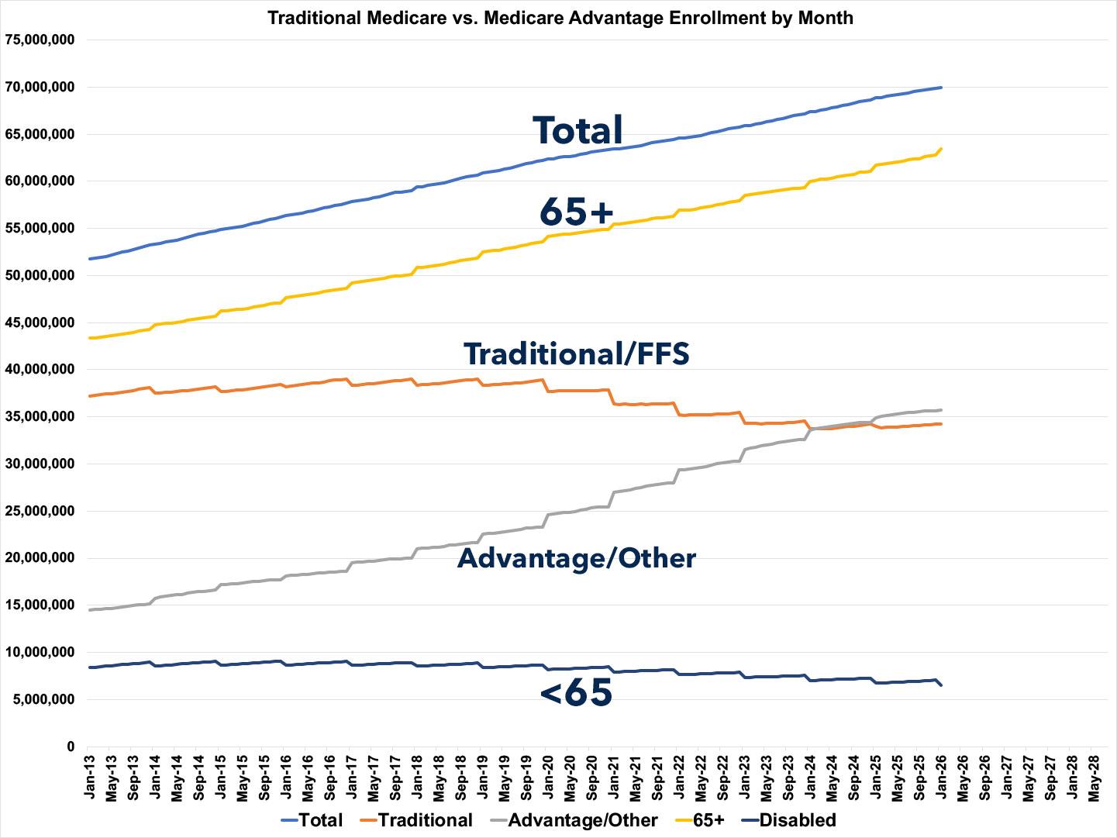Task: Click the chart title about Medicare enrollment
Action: [560, 17]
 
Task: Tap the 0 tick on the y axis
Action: [70, 747]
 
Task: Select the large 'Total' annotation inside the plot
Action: [577, 130]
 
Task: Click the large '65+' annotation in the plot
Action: [576, 210]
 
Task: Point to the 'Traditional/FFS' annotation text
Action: [576, 353]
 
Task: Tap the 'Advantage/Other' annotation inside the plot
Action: [577, 558]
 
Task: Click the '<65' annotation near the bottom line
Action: [576, 692]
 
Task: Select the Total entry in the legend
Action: [311, 820]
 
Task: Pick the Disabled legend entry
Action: [788, 820]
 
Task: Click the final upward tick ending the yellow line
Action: [940, 149]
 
